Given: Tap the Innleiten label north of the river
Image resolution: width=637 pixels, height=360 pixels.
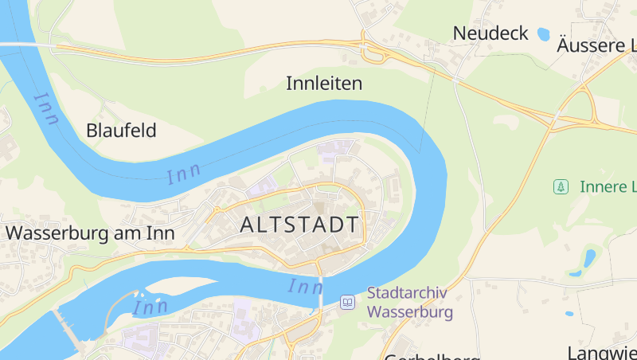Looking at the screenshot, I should pos(324,83).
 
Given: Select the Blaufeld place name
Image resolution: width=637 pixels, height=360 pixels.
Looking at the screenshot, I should pos(121,131).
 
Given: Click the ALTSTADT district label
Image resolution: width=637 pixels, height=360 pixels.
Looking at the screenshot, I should pos(299,225).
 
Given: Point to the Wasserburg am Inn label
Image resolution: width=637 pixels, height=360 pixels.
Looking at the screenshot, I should pos(90,233).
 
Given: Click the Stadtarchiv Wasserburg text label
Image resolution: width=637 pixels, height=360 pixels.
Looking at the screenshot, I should pos(409,302).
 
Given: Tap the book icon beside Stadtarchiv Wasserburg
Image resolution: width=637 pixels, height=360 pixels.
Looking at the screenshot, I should pos(347,302).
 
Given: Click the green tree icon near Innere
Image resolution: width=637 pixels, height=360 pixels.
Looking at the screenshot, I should pos(561,187).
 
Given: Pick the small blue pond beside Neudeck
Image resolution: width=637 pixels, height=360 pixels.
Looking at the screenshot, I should pos(544,34).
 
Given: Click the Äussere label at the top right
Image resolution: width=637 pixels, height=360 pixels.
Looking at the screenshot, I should pos(596,45).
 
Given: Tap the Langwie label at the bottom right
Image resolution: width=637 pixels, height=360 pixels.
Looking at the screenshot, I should pos(602,352).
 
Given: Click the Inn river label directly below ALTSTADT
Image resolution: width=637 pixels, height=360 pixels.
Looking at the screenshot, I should pos(306,285).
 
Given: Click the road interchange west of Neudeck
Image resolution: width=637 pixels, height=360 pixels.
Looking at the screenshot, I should pos(373,53).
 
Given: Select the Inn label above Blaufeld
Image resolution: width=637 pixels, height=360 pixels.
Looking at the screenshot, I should pos(47,108).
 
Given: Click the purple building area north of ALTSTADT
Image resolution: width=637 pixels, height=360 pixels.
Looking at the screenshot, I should pos(336,147).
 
